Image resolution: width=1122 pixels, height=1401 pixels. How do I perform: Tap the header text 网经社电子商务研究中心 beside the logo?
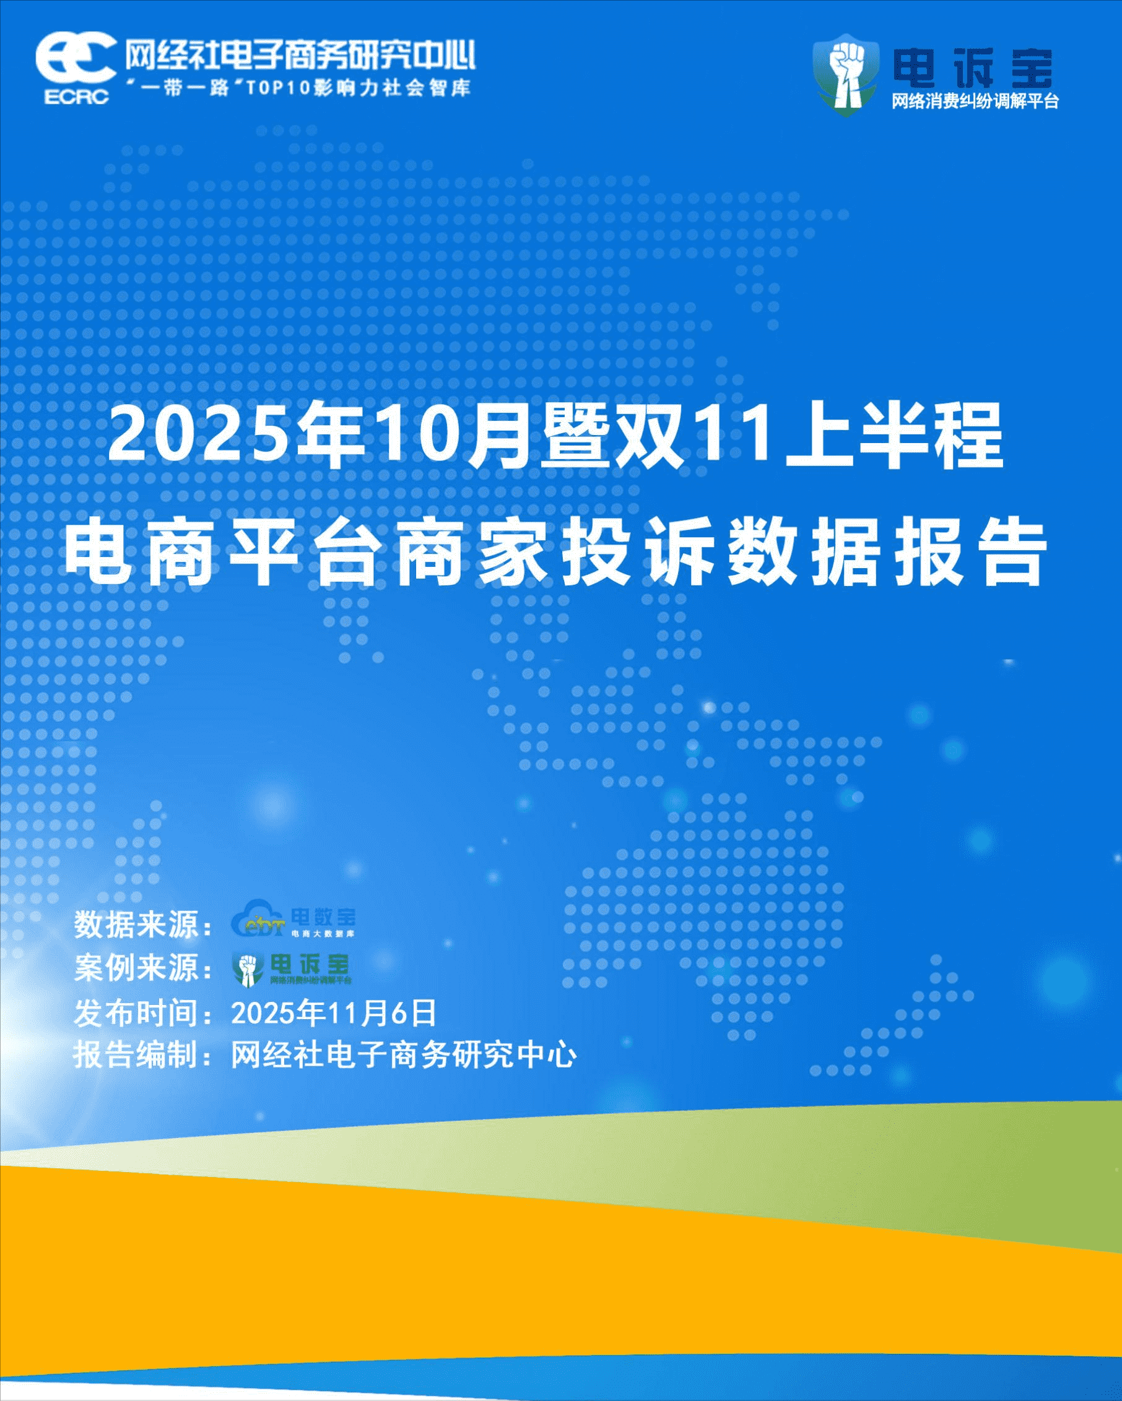[300, 54]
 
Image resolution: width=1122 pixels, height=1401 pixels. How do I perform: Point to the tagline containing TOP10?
[300, 87]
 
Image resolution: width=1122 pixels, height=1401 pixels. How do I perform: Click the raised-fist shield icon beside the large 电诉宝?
[846, 75]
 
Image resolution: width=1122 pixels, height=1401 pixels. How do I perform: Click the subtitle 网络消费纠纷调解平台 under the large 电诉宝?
[975, 102]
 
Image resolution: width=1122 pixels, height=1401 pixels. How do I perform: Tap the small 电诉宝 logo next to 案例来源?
[292, 968]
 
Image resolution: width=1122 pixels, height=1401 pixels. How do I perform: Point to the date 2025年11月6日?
[334, 1012]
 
